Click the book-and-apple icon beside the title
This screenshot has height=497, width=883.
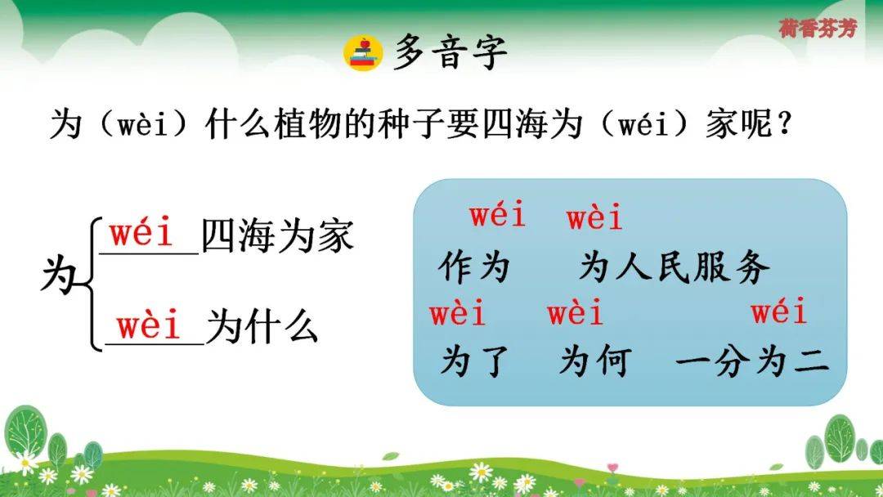tap(363, 53)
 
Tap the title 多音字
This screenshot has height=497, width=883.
tap(450, 52)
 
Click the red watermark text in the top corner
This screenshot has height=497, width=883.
tap(818, 28)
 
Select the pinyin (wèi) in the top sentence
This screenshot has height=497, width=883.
tap(142, 124)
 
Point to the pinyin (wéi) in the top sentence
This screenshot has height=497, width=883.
tap(643, 124)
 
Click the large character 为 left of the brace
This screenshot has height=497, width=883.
tap(59, 276)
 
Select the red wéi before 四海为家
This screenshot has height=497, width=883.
tap(141, 232)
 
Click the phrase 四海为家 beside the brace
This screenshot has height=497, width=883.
tap(278, 235)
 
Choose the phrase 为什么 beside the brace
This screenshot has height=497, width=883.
tap(262, 327)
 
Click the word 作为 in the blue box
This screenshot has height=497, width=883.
tap(474, 266)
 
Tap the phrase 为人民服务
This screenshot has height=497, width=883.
tap(674, 266)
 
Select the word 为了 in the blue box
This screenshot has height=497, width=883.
tap(474, 360)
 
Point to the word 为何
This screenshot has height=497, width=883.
tap(595, 360)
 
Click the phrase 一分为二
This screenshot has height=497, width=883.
tap(752, 360)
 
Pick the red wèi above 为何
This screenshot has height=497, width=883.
tap(575, 313)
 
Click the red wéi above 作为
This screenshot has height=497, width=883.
tap(498, 214)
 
